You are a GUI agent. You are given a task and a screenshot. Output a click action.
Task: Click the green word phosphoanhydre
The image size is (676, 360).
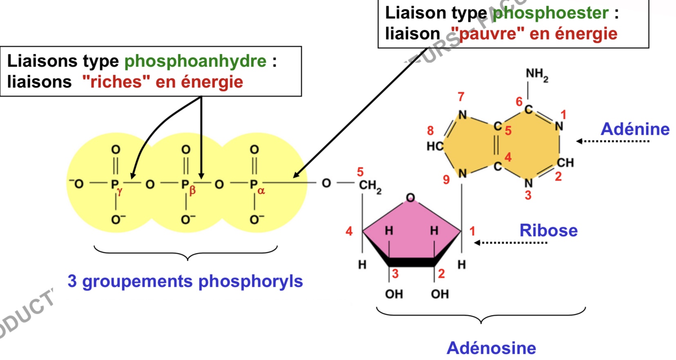(195, 62)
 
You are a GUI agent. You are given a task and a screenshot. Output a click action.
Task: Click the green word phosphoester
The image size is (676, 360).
(551, 13)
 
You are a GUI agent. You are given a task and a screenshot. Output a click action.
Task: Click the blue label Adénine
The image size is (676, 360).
(635, 130)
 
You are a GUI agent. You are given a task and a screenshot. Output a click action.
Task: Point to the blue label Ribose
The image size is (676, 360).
(548, 231)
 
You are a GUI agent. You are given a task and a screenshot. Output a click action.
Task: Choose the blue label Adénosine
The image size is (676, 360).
(491, 348)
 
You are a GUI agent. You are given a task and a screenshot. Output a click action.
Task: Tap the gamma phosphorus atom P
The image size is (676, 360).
(115, 185)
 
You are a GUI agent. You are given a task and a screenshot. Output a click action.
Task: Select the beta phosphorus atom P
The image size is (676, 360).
(185, 185)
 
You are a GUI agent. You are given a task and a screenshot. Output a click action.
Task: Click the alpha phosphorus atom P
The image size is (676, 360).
(254, 185)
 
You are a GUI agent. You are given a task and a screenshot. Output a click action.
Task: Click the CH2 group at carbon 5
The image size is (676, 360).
(370, 186)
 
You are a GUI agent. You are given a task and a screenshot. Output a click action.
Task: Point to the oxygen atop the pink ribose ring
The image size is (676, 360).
(410, 198)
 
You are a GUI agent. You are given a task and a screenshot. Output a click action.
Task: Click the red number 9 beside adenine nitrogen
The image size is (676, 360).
(446, 180)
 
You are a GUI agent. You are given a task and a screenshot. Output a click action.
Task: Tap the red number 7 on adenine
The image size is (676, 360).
(461, 97)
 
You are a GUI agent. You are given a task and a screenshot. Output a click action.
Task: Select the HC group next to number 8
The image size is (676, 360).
(435, 146)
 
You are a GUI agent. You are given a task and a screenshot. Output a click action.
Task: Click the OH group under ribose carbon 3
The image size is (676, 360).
(394, 294)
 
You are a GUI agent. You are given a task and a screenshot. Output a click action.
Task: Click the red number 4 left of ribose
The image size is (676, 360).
(349, 232)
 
